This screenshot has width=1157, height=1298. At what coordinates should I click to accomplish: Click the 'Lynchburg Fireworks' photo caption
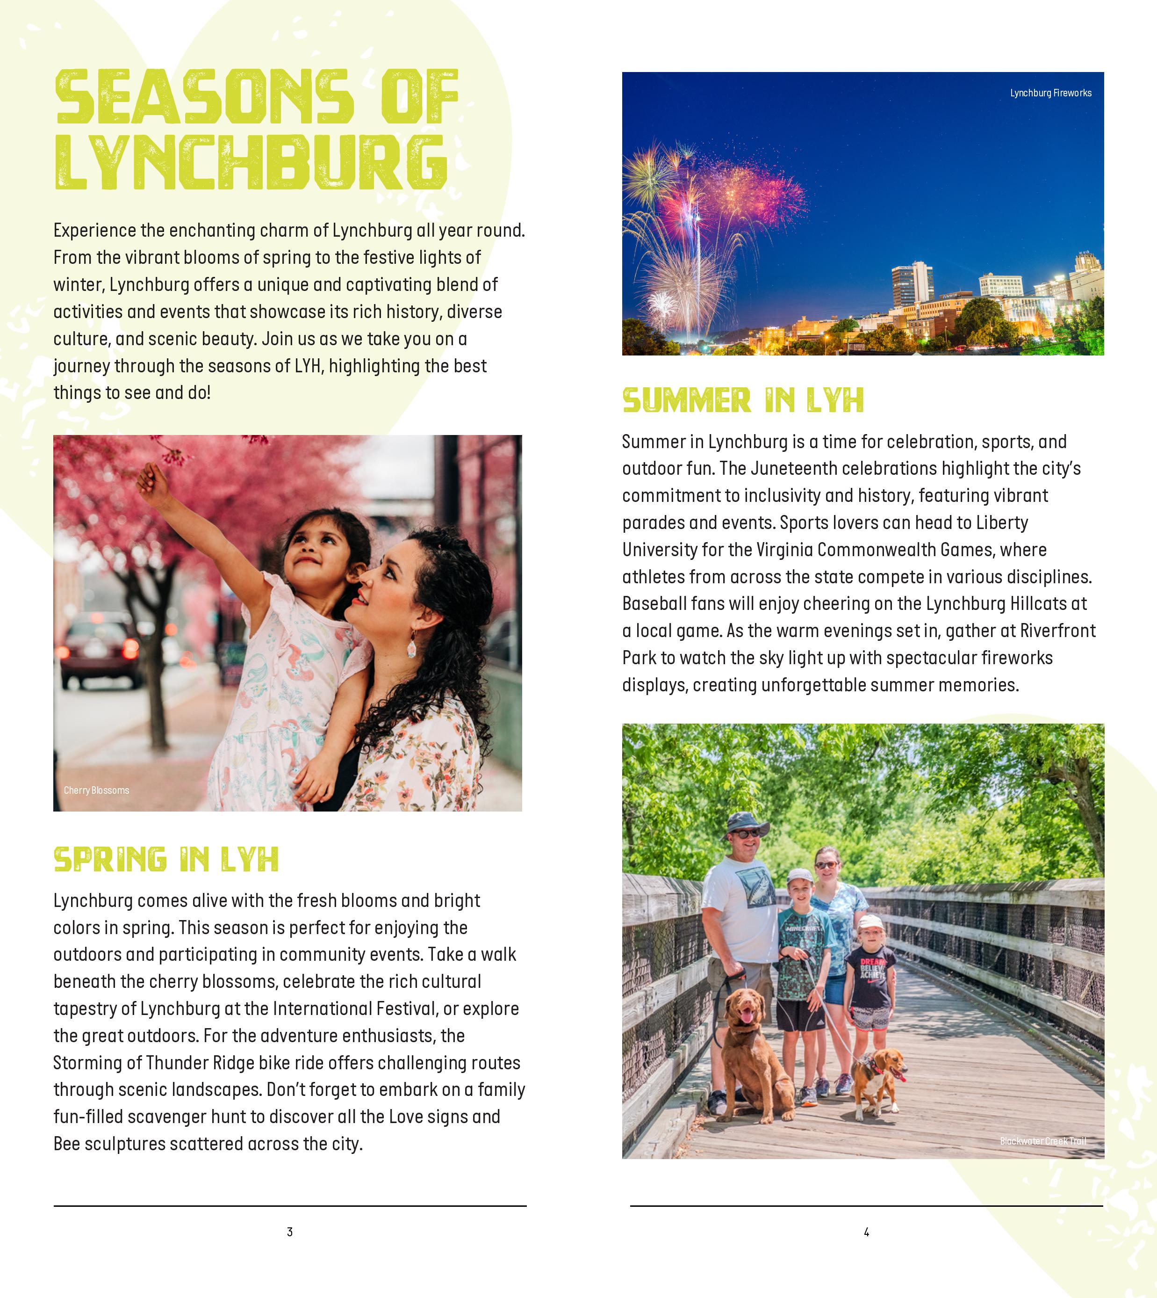pos(1050,93)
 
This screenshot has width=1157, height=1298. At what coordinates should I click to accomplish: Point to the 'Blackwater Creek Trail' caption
pos(1042,1141)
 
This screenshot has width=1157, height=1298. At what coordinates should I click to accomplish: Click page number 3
pos(290,1232)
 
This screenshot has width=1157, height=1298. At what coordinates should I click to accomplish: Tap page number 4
pos(866,1232)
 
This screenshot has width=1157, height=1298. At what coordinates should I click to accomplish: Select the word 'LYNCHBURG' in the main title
pos(251,162)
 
